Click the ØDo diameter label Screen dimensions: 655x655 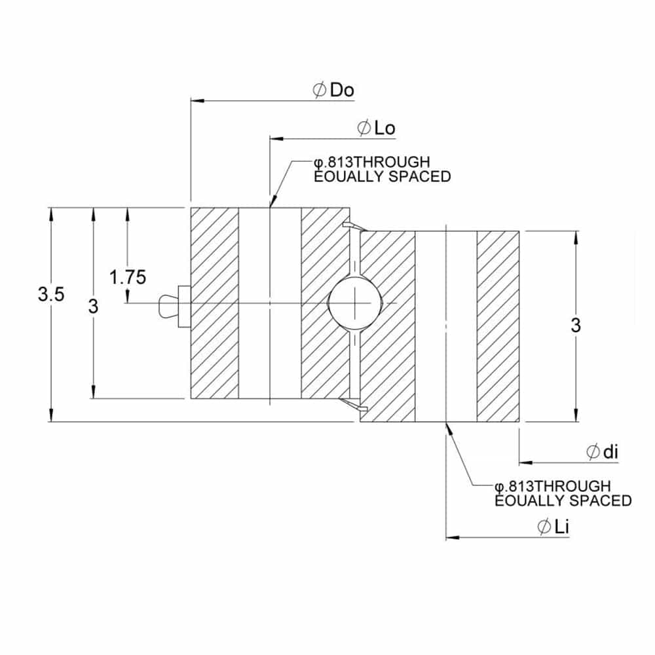[x=334, y=90]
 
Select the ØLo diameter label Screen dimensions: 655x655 [x=377, y=128]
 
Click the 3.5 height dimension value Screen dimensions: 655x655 [x=50, y=295]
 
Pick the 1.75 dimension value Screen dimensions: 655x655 [x=127, y=277]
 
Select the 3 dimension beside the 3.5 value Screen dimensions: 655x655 [x=94, y=305]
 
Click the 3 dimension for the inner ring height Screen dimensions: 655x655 [x=576, y=325]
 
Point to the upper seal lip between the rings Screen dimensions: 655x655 [x=354, y=227]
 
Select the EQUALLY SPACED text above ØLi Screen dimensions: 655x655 [x=563, y=501]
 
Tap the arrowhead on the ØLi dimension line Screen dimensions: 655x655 [x=452, y=538]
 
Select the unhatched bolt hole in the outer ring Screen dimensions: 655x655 [x=270, y=303]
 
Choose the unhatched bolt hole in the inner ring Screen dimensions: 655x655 [x=446, y=326]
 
